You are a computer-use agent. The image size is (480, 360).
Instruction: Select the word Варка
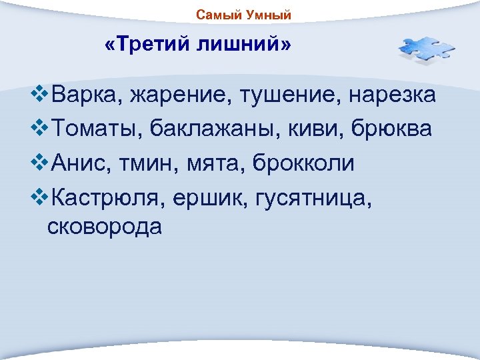coord(85,95)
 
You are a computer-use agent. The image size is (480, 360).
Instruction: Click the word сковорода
coord(105,227)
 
